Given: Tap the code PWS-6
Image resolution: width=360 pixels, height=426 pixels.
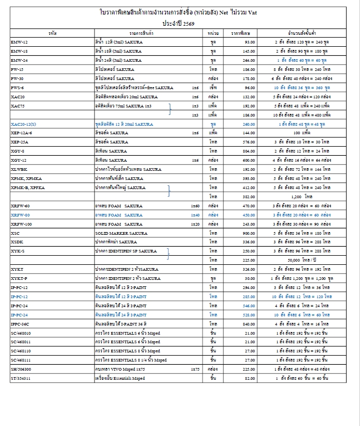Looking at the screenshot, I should (x=17, y=87).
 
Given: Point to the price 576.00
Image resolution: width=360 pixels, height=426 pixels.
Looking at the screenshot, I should (x=248, y=142).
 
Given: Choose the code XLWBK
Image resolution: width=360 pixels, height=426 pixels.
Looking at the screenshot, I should (x=19, y=169).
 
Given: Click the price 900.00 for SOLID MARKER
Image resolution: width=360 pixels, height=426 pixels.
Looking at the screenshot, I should (x=248, y=233).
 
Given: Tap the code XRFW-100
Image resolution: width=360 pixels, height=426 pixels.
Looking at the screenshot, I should (x=21, y=224).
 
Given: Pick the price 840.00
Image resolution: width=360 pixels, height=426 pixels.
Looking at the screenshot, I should (x=248, y=324).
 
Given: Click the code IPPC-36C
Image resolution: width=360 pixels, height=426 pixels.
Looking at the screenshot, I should (x=20, y=324).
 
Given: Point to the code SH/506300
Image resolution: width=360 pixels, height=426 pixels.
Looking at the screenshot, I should (x=21, y=370).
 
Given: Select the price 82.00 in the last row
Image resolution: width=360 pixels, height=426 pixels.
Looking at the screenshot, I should (x=250, y=379).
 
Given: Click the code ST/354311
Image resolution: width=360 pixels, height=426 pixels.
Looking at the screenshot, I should (x=21, y=379).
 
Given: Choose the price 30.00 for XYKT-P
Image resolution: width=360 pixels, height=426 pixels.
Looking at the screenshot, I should (x=250, y=279).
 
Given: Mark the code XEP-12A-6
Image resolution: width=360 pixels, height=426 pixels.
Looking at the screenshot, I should (x=21, y=133).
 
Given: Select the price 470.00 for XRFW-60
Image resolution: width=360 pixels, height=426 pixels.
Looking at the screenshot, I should (x=248, y=206).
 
